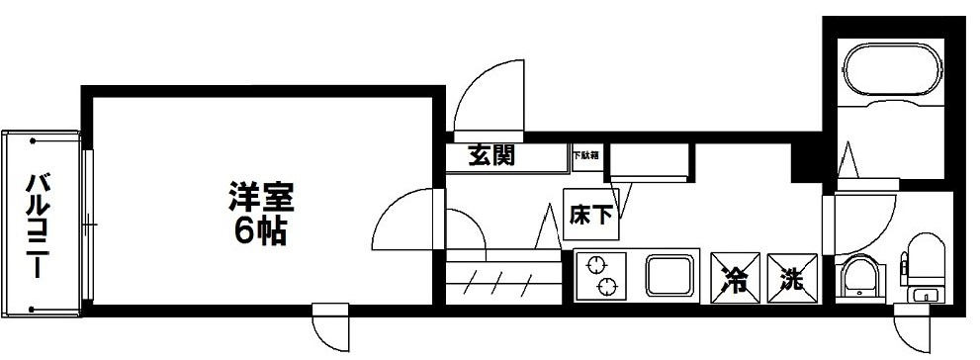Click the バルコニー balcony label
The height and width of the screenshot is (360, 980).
(x=39, y=225)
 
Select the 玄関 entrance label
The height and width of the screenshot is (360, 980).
(x=491, y=156)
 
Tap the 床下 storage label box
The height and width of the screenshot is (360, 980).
(x=591, y=215)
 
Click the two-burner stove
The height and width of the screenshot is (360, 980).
(x=602, y=274)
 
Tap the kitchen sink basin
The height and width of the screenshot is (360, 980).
(x=672, y=274)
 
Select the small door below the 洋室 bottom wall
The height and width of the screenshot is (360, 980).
(x=330, y=325)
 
